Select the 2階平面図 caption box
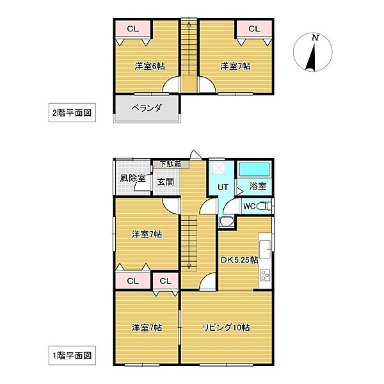(x=72, y=113)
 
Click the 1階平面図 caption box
(x=72, y=354)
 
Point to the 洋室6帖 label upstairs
(x=148, y=66)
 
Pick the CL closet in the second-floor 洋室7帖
(x=253, y=29)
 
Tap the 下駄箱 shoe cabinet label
(x=170, y=164)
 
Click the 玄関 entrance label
(x=166, y=181)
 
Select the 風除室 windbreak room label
(x=132, y=179)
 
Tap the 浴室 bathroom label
(x=258, y=186)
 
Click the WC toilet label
(x=250, y=206)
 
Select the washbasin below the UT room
(x=225, y=222)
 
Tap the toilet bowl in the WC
(x=266, y=206)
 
